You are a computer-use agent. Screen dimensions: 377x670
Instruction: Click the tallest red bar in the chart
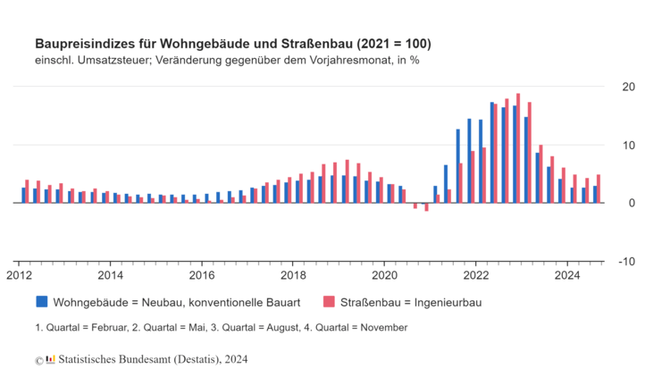point(518,148)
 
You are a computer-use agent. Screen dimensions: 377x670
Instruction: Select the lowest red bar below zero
point(427,207)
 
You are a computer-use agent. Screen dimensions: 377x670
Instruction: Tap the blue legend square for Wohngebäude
point(41,302)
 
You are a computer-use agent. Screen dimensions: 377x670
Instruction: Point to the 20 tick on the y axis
point(628,87)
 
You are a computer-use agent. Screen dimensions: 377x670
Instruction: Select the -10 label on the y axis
point(628,261)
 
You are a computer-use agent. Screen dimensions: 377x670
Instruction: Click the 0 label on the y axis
point(632,203)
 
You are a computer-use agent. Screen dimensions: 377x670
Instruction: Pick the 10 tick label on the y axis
point(628,145)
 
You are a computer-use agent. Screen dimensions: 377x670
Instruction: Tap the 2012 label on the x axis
point(19,276)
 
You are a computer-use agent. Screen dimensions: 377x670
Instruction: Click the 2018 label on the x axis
point(293,276)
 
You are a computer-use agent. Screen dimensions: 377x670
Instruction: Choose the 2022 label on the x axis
point(475,276)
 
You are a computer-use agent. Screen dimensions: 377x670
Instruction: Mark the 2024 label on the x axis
point(566,276)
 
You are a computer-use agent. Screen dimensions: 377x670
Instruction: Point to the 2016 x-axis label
point(202,276)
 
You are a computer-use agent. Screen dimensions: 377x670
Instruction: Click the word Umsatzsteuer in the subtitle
point(118,61)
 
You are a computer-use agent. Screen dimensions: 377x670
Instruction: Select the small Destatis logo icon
point(51,359)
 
